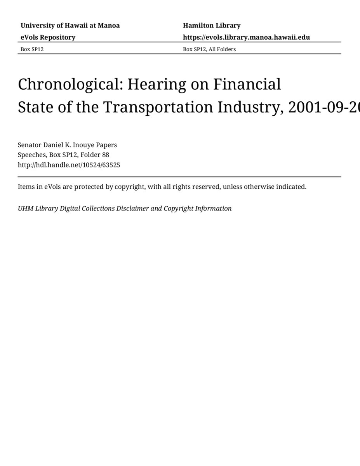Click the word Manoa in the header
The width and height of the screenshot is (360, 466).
tap(109, 26)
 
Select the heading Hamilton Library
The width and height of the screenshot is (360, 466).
tap(212, 26)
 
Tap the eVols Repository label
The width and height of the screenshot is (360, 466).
tap(48, 37)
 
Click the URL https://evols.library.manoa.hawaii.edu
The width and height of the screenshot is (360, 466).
tap(246, 37)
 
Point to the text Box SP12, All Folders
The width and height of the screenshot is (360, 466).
tap(209, 49)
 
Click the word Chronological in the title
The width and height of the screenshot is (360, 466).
tap(70, 84)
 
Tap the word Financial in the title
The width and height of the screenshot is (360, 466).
tap(247, 84)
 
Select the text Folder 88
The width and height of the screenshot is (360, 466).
tap(95, 155)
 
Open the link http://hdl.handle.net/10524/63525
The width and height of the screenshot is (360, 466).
tap(69, 165)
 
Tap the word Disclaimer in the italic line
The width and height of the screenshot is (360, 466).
tap(132, 209)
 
